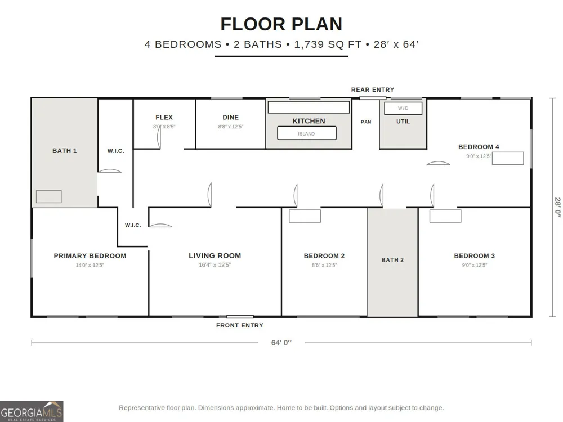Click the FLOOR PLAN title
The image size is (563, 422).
coord(281,24)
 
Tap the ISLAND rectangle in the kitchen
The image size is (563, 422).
coord(307,133)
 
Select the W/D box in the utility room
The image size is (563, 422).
coord(403,108)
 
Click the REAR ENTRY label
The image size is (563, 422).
coord(372,89)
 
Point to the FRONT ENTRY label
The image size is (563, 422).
coord(239,325)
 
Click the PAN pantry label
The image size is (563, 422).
coord(366,122)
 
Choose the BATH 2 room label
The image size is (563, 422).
coord(392,260)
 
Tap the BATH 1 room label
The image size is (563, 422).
coord(65,151)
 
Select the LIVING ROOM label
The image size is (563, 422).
coord(215,256)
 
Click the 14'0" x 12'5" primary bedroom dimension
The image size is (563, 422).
coord(90,265)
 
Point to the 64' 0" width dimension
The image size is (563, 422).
coord(281,343)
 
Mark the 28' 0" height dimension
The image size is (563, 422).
coord(557,207)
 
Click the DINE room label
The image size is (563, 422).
coord(230,118)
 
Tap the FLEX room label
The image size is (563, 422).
coord(164,118)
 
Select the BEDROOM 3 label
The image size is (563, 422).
coord(474,256)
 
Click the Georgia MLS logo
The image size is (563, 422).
coord(32,411)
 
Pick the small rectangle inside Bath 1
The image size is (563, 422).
coord(49,196)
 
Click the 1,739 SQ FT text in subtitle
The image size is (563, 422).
coord(328,44)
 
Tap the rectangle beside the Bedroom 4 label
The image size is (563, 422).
coord(508,158)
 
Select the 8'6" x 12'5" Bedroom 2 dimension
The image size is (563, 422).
coord(324,265)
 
